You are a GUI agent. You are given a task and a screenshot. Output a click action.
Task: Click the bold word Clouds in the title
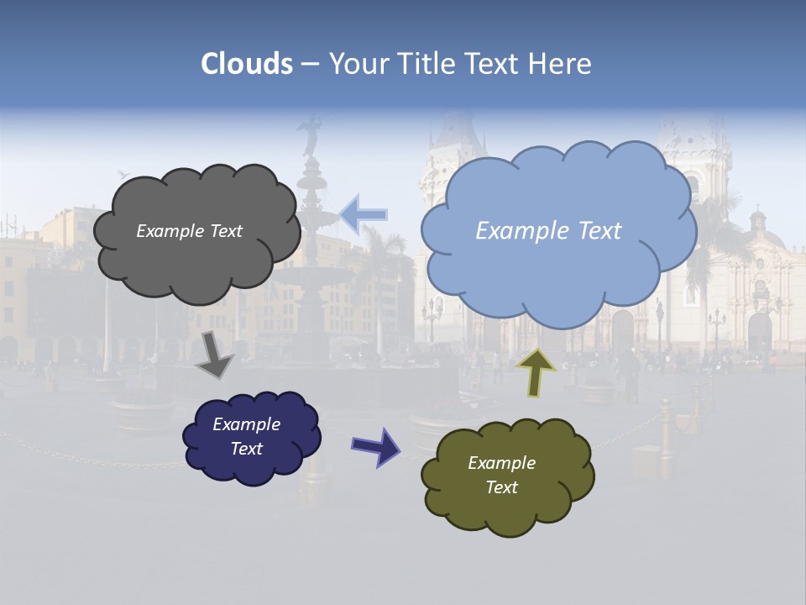coord(247,64)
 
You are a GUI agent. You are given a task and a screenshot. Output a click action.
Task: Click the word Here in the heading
coord(562,64)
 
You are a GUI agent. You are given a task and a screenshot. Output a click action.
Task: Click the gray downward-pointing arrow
coord(214,354)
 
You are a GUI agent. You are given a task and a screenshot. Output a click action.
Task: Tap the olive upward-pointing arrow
coord(536,372)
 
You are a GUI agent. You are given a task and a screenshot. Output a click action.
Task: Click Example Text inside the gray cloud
coord(189,231)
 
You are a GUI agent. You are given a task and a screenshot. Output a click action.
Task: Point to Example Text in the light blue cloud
coord(548,231)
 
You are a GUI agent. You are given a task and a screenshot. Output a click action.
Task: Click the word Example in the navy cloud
coord(246,424)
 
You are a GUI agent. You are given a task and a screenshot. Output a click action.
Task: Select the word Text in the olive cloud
coord(501,487)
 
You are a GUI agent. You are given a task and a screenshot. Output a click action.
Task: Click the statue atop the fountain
coord(311,134)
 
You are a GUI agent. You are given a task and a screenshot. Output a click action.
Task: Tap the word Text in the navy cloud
coord(246,449)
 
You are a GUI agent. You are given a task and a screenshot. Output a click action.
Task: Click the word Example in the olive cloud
coord(501,463)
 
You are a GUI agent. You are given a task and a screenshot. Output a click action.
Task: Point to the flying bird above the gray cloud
coord(124,174)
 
